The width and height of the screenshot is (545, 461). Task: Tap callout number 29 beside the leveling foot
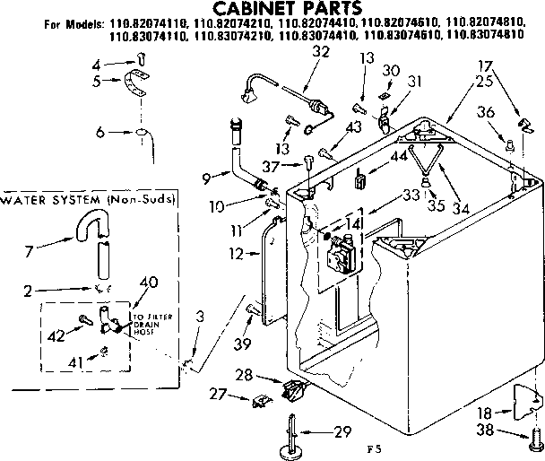point(342,433)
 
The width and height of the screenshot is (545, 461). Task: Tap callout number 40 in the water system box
point(148,283)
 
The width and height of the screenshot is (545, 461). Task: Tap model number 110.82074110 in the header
point(140,26)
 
